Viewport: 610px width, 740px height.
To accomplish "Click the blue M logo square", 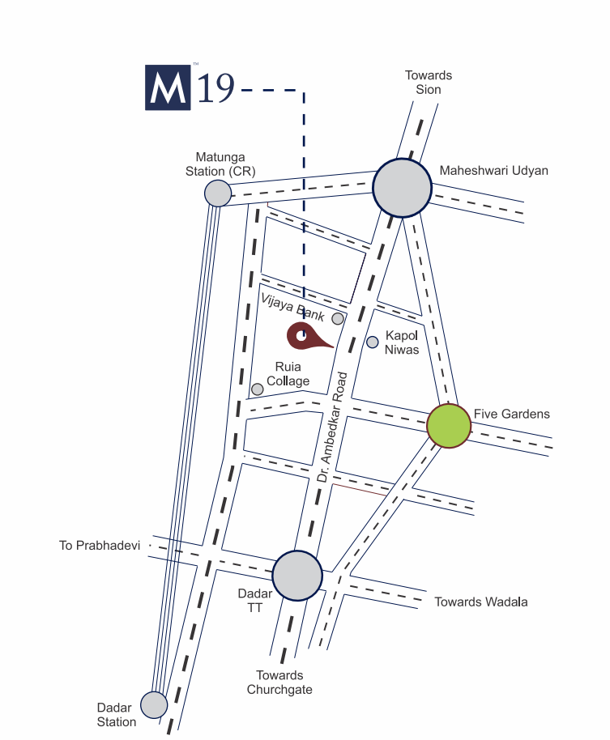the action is pos(168,87).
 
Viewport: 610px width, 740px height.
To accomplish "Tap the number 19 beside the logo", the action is pos(215,88).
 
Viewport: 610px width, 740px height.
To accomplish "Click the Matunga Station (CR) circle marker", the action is pos(217,194).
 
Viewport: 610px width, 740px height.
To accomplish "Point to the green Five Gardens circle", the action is pos(449,426).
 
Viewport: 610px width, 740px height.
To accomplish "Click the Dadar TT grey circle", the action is pos(297,575).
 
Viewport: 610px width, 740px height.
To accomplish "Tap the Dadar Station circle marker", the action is pos(154,704).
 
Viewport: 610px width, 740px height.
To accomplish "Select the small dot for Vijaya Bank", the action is pos(338,318).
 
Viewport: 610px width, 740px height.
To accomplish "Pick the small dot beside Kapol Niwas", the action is pos(373,342).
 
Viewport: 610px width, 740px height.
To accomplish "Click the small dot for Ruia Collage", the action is pos(258,389).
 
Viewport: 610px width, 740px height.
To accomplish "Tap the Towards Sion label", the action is pos(429,82).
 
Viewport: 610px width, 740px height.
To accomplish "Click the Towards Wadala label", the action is pos(481,602).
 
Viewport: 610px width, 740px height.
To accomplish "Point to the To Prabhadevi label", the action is pos(100,546).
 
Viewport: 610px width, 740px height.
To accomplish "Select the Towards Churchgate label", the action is pos(279,683).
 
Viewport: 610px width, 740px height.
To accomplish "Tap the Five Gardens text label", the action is pos(511,414).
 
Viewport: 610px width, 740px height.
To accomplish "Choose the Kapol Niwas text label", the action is pos(402,342).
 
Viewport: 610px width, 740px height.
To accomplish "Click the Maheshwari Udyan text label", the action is pos(493,171).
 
